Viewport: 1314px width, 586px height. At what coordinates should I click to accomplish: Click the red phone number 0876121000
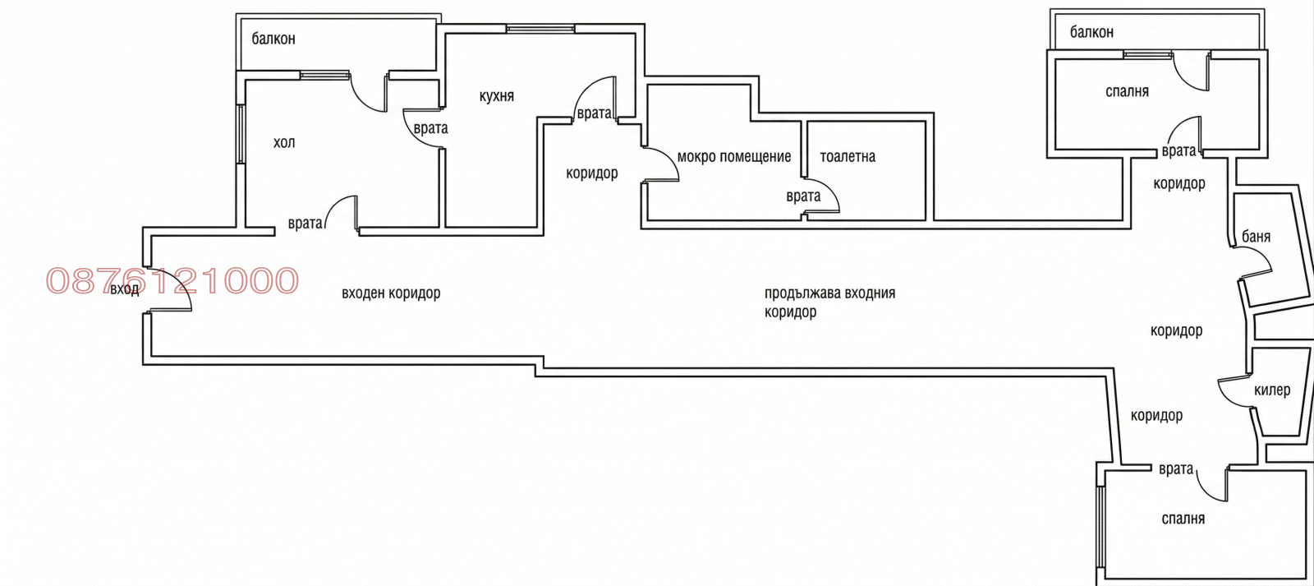point(172,280)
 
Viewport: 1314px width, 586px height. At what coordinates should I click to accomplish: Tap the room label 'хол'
point(284,143)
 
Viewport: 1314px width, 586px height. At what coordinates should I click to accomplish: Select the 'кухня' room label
point(496,96)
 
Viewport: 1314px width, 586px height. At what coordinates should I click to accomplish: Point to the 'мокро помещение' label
point(734,157)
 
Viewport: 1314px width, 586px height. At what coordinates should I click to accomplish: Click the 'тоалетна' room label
point(848,157)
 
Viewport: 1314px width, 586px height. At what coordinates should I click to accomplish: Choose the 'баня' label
point(1256,237)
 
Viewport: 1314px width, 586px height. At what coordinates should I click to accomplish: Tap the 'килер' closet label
point(1272,390)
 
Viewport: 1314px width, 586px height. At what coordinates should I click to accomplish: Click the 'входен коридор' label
point(391,293)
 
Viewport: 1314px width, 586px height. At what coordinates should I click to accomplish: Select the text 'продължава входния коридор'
point(829,302)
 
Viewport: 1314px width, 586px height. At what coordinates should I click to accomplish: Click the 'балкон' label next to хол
point(273,39)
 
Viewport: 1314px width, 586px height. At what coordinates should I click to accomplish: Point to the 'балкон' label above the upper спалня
point(1091,32)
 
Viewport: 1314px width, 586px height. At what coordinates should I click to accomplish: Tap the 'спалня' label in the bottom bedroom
point(1183,519)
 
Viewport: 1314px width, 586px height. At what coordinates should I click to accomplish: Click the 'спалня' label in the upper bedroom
point(1127,91)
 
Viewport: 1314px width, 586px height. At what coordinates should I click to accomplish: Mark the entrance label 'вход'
point(124,288)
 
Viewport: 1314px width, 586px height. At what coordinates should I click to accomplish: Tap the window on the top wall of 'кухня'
point(540,28)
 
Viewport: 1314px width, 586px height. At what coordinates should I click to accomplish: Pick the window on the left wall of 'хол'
point(241,134)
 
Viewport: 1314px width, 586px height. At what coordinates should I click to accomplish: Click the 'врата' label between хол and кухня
point(430,128)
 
